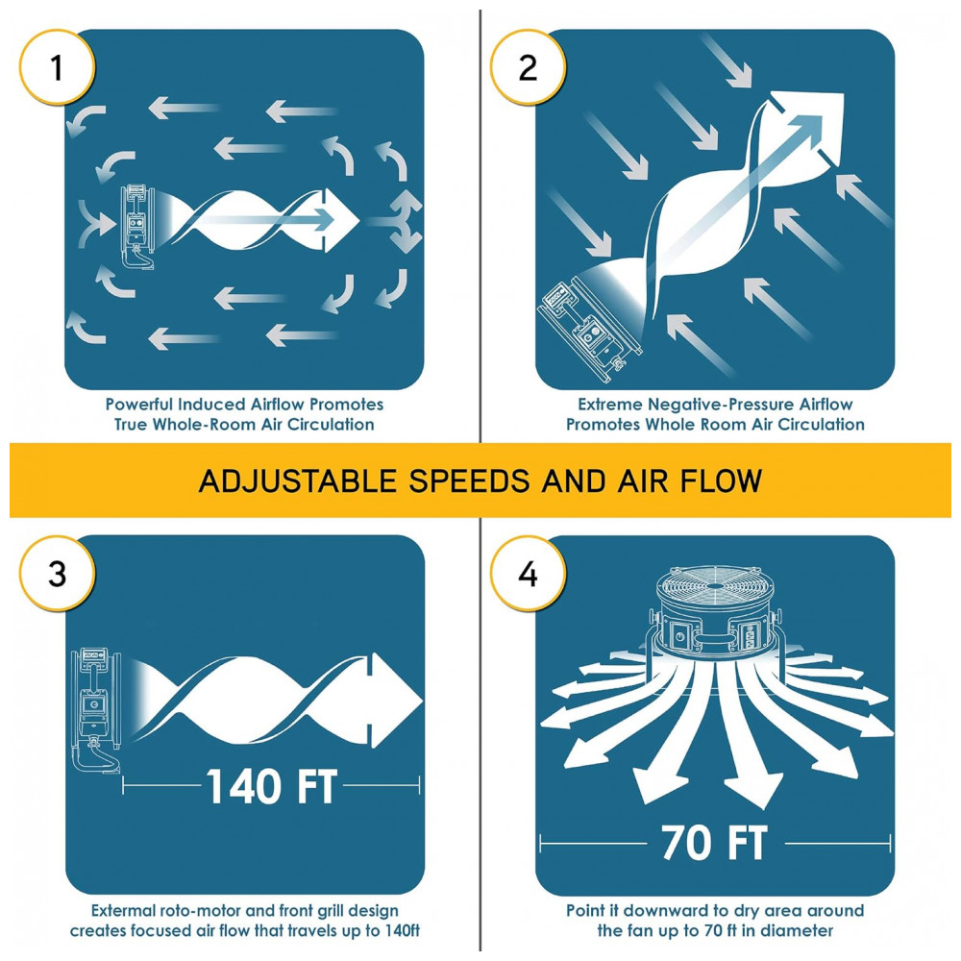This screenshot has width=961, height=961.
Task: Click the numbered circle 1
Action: click(57, 67)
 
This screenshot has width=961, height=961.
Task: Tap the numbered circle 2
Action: click(528, 67)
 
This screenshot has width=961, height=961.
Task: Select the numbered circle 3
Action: click(57, 574)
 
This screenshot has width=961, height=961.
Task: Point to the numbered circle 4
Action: click(528, 574)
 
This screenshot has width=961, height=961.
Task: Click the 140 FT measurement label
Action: click(272, 786)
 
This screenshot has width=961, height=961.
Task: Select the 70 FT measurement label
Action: click(714, 843)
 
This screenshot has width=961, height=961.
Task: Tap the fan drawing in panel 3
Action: click(97, 711)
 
